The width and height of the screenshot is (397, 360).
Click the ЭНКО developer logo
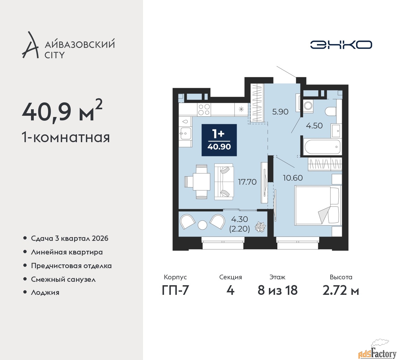point(341,45)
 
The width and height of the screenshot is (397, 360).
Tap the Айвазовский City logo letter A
point(30,45)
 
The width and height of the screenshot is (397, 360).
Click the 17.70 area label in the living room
point(247,182)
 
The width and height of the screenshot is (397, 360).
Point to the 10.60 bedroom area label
point(293,178)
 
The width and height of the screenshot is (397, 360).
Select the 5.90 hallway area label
point(280,112)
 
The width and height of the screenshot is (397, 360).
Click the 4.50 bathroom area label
point(314,126)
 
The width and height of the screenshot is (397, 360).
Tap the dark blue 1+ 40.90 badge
point(219,140)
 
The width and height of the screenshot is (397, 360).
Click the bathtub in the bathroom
point(322,147)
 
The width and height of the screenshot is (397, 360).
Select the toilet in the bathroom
point(331,111)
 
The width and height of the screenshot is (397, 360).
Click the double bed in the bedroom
point(318,205)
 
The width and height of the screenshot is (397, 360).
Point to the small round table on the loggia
point(203,225)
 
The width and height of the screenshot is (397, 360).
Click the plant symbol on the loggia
point(260,227)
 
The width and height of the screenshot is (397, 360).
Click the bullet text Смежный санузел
point(63,279)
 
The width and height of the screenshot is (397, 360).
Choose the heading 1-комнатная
point(66,137)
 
